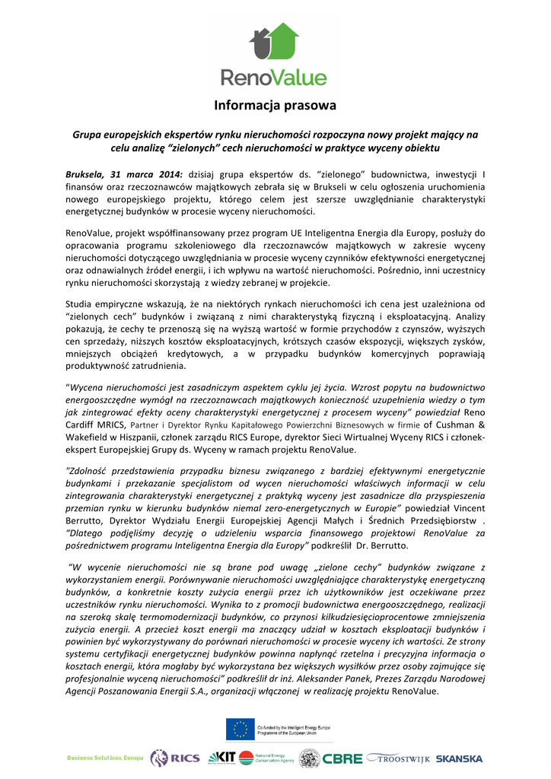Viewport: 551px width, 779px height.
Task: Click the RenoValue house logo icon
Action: [274, 42]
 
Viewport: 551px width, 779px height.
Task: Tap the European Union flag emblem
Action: [240, 729]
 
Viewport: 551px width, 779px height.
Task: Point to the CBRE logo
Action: [342, 758]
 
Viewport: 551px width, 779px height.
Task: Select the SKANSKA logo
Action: [460, 758]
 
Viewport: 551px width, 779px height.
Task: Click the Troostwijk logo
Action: [399, 758]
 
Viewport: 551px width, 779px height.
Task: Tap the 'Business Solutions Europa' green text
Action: [105, 758]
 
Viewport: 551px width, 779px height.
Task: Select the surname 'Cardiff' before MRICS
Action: [84, 424]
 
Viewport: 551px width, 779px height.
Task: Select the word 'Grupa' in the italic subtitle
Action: [88, 135]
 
